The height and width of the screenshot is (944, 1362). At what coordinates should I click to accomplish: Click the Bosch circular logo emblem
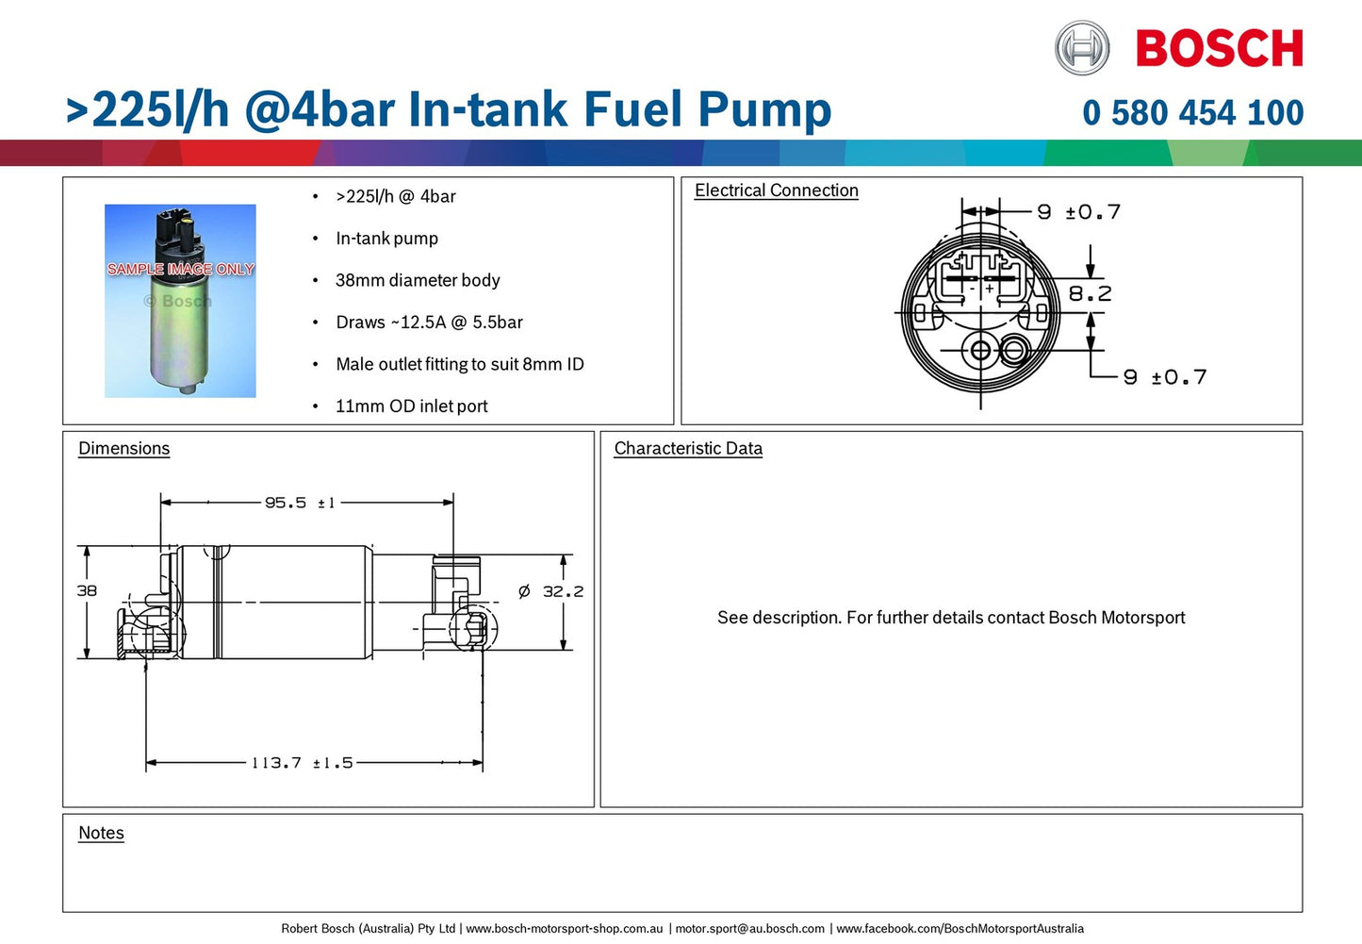[x=1082, y=48]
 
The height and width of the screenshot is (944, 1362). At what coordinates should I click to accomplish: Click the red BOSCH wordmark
[x=1219, y=49]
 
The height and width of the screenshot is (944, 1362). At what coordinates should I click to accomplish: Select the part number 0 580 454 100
[x=1192, y=113]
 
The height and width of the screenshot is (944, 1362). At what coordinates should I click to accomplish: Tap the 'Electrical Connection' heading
[x=776, y=190]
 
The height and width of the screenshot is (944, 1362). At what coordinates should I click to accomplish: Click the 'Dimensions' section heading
[x=123, y=449]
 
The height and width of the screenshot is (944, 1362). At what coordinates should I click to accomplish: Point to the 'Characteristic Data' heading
[x=688, y=449]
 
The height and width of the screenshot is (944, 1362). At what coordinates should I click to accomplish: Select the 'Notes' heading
[x=101, y=833]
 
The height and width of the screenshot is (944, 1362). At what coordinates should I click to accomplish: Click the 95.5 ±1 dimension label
[x=300, y=504]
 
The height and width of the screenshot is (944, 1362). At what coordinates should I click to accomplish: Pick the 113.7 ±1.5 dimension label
[x=302, y=763]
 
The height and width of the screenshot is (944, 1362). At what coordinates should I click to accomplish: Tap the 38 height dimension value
[x=87, y=591]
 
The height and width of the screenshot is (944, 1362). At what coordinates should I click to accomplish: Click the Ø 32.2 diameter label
[x=551, y=592]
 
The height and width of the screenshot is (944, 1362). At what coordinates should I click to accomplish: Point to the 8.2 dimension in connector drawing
[x=1090, y=294]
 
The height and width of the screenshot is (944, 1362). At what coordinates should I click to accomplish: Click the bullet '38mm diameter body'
[x=418, y=280]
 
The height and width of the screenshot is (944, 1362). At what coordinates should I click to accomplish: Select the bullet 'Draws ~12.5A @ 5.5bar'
[x=429, y=323]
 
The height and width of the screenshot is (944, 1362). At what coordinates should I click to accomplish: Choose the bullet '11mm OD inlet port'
[x=412, y=406]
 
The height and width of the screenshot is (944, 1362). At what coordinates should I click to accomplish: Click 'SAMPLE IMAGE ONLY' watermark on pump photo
[x=180, y=269]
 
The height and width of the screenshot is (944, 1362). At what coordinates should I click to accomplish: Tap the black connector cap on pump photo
[x=174, y=229]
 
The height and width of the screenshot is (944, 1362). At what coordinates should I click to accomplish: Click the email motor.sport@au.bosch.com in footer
[x=750, y=929]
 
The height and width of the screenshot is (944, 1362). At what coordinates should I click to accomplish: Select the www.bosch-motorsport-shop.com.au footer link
[x=564, y=929]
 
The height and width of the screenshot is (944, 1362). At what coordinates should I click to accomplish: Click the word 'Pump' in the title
[x=764, y=110]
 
